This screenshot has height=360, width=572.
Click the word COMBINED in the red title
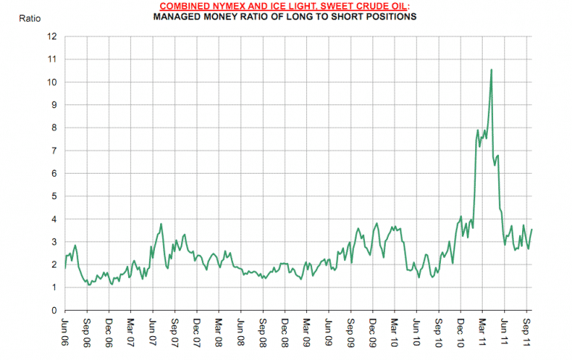184,6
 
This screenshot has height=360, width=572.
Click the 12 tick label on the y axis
52,36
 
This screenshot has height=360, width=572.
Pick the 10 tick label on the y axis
52,82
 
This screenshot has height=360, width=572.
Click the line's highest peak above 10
492,70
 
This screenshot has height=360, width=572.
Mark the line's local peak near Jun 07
162,224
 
